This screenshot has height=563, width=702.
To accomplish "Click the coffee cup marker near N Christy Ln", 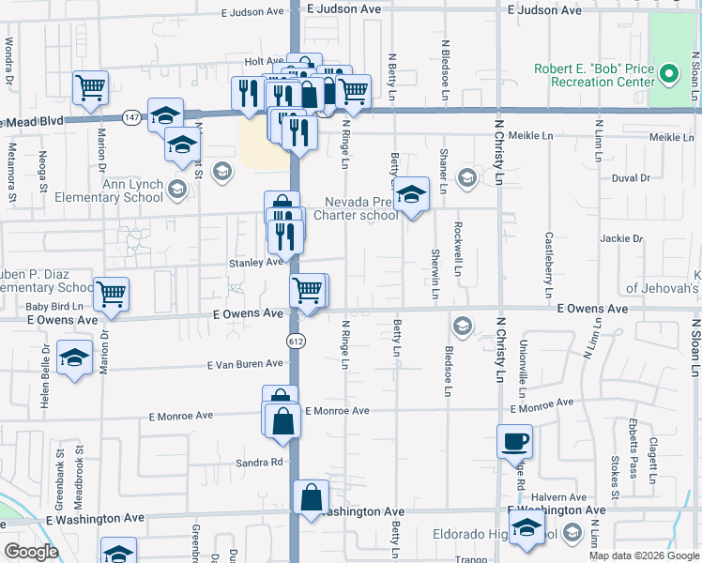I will click(513, 441).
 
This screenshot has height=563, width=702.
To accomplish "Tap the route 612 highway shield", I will click(297, 342).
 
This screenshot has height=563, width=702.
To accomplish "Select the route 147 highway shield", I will click(130, 117).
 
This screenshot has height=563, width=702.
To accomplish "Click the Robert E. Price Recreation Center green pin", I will click(667, 73).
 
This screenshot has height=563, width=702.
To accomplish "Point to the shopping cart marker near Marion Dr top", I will click(91, 88).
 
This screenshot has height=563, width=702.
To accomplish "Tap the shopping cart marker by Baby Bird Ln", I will click(112, 294).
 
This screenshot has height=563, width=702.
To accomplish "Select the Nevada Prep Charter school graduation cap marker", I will click(410, 194).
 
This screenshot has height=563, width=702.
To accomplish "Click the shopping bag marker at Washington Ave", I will click(312, 497).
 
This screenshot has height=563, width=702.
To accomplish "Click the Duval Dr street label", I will click(630, 177).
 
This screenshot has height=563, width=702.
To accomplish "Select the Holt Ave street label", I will click(257, 61).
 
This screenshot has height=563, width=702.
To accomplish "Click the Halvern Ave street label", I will click(558, 497).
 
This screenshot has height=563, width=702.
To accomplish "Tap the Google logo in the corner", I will click(31, 552).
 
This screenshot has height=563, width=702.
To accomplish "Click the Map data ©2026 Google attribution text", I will click(644, 555).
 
